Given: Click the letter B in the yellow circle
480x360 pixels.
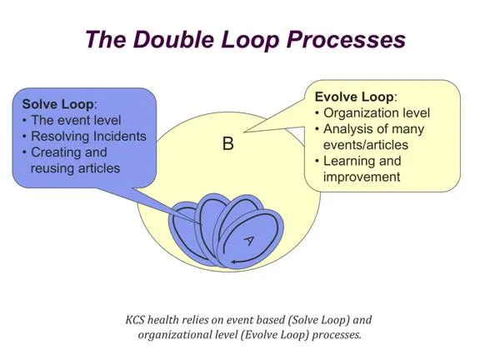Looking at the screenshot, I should (x=227, y=143).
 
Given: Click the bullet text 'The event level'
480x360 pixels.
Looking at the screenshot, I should (x=76, y=120).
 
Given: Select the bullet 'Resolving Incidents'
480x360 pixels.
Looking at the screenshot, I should (x=88, y=136).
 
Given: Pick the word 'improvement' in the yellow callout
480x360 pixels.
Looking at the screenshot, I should (x=363, y=177).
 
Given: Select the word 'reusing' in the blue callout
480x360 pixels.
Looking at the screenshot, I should (x=56, y=167).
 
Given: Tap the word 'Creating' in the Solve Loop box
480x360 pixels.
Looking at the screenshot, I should (x=58, y=152).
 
